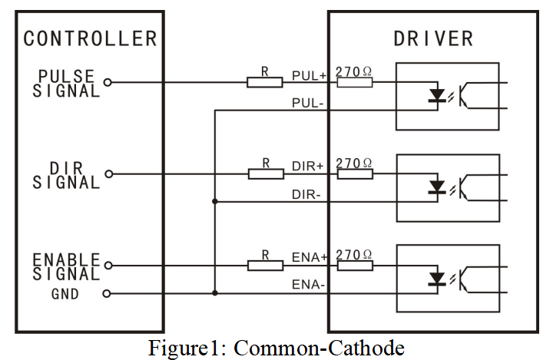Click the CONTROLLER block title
[90, 38]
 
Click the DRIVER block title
[433, 38]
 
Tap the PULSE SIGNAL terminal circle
[108, 82]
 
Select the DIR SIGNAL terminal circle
[108, 174]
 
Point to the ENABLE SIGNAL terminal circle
[108, 266]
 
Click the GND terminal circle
[108, 293]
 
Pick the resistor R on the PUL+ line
[265, 82]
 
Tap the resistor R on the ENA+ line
[265, 266]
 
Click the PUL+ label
[309, 75]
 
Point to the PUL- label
[308, 102]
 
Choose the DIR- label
[307, 195]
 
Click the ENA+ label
[309, 259]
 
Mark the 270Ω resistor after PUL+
[355, 82]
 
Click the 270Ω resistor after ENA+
[355, 266]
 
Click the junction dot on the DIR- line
[215, 202]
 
